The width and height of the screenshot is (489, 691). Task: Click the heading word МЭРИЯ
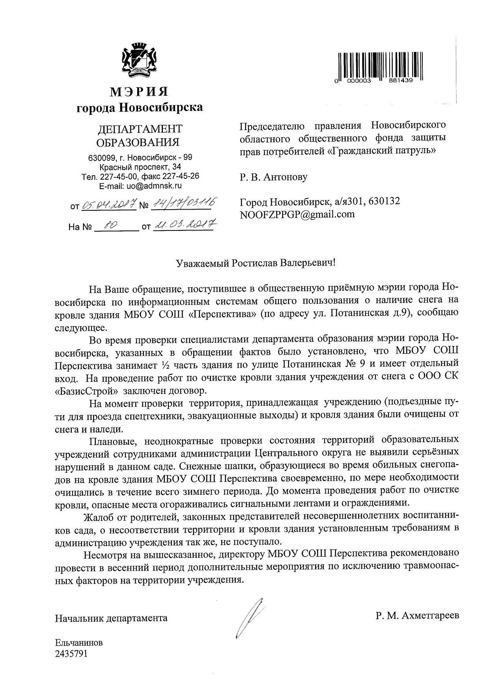139,92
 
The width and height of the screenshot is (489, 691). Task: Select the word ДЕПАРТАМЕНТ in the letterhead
140,129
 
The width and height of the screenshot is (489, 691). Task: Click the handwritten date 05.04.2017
109,205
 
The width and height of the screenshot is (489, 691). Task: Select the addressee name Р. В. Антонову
273,177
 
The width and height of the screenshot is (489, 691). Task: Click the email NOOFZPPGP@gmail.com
297,214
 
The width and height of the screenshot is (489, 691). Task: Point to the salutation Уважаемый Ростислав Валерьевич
255,262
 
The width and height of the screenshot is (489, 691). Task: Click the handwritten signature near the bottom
249,617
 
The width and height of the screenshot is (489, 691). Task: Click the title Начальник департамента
111,618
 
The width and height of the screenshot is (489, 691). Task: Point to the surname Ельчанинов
79,643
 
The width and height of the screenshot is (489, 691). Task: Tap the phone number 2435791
71,654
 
